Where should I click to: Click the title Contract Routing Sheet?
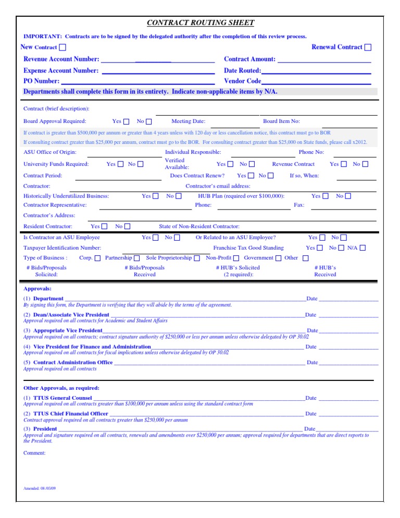(201, 22)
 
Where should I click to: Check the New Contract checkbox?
(63, 47)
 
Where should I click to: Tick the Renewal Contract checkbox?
(368, 47)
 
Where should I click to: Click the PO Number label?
(42, 81)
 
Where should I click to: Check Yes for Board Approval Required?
(127, 121)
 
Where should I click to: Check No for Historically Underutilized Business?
(179, 196)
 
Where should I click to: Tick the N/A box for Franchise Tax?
(362, 248)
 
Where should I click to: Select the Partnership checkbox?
(137, 258)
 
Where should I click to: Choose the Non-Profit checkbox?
(236, 258)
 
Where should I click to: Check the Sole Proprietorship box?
(197, 258)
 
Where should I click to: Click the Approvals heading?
(37, 288)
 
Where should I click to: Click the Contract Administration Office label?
(73, 362)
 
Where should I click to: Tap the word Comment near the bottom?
(34, 453)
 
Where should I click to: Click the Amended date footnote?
(40, 488)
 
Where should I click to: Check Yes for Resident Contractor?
(105, 227)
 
